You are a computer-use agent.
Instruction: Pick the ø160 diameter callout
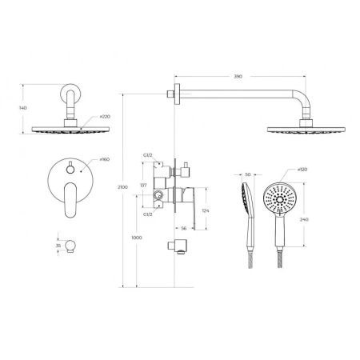pyautogui.click(x=106, y=160)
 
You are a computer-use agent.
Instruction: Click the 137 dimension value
pyautogui.click(x=144, y=185)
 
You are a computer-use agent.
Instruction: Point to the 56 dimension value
pyautogui.click(x=184, y=228)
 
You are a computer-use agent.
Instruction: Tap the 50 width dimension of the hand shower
pyautogui.click(x=247, y=174)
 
